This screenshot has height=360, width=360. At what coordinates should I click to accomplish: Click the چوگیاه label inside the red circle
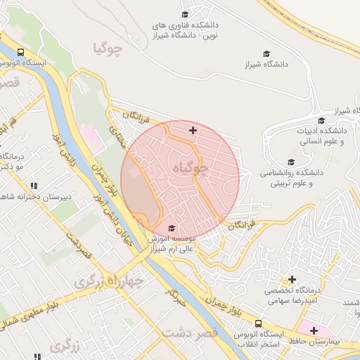(x=188, y=169)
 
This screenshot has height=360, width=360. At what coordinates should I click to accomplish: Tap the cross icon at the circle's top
(x=193, y=130)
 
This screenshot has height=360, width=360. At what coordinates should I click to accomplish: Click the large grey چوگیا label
(x=108, y=49)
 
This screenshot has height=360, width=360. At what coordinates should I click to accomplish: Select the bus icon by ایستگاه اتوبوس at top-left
(x=20, y=52)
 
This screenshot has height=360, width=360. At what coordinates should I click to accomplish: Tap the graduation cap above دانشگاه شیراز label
(x=266, y=53)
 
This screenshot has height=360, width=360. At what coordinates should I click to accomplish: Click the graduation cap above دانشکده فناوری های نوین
(x=186, y=14)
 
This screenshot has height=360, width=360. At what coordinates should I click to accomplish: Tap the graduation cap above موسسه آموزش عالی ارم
(x=173, y=228)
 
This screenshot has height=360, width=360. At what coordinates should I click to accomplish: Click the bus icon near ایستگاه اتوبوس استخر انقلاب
(x=259, y=323)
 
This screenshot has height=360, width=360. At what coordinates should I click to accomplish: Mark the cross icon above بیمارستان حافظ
(x=314, y=330)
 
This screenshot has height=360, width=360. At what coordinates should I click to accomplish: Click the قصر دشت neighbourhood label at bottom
(x=190, y=332)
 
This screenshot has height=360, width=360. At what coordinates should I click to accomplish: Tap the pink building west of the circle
(x=94, y=138)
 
